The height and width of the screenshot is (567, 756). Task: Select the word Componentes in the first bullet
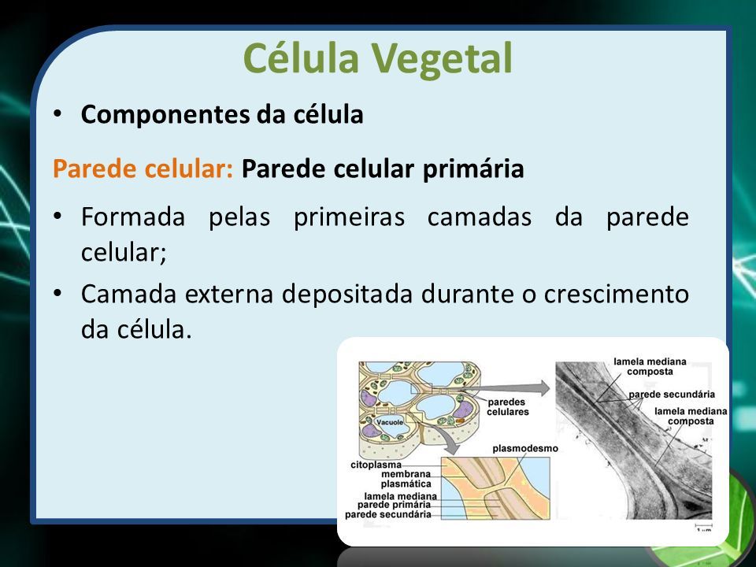[165, 115]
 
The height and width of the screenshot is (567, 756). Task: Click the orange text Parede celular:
[143, 169]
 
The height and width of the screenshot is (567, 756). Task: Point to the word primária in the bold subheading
[473, 169]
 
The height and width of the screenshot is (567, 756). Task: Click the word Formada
[133, 217]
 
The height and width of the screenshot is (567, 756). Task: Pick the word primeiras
[349, 217]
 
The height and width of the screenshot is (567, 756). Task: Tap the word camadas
[480, 217]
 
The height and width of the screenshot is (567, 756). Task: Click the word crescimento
[616, 294]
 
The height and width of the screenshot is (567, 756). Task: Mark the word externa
[229, 294]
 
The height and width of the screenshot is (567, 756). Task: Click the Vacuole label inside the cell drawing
[389, 422]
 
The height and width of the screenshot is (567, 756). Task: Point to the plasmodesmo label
[525, 448]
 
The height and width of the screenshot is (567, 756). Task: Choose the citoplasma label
[376, 465]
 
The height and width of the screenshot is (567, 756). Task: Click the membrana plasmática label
[406, 479]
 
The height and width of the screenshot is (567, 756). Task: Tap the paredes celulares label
[507, 407]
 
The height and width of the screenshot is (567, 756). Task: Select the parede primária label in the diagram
[394, 505]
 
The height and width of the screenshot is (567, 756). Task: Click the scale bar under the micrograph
[703, 524]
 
